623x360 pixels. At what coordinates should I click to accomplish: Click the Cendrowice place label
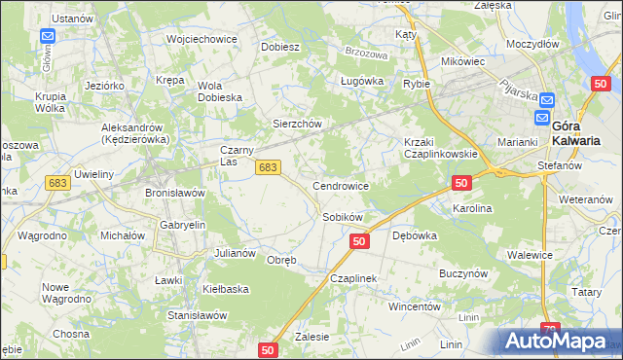340,185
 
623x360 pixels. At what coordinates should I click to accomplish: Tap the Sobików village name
343,217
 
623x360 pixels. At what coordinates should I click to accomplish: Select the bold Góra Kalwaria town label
575,133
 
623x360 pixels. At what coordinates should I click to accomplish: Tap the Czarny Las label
238,156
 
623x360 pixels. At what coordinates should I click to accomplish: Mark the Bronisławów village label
175,193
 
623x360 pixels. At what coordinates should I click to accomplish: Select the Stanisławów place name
198,315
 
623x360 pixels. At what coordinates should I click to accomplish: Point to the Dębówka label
414,235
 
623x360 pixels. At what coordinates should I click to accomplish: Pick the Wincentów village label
416,306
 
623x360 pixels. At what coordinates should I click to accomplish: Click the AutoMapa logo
560,341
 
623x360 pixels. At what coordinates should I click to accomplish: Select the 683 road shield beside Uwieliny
57,183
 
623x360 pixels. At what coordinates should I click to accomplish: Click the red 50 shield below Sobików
359,240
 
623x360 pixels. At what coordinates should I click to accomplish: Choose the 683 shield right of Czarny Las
270,167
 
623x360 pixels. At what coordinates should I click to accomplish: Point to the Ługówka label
358,82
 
